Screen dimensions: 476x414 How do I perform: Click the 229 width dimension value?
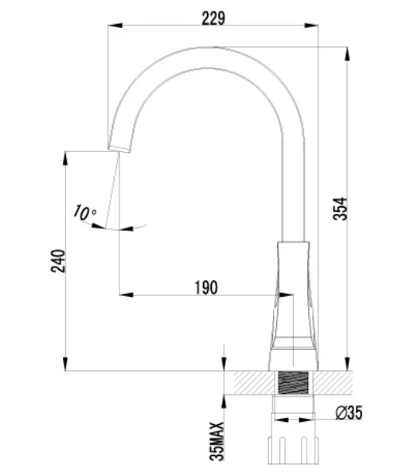pos(213,18)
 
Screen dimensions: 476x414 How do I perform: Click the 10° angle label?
pos(84,212)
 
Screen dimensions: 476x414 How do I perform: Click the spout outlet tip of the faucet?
pos(117,150)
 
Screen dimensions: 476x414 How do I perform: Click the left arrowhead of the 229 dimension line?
pos(113,28)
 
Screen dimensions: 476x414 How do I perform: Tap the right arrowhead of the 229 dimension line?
pos(311,28)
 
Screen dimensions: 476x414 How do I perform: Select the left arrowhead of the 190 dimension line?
pos(124,295)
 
